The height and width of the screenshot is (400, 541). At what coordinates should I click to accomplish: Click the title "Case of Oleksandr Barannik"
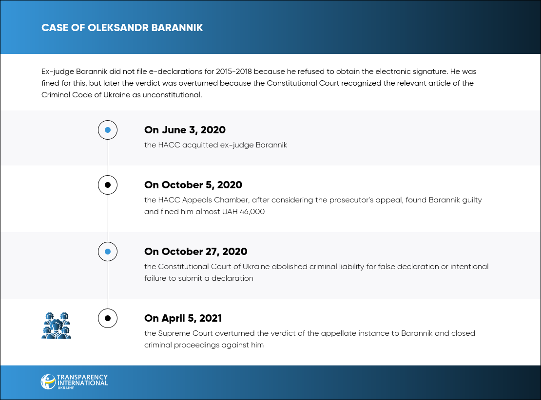coord(122,28)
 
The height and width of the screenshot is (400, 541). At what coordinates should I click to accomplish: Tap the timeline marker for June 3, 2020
coord(108,130)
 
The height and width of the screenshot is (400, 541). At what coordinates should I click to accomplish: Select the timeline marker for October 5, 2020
coord(108,185)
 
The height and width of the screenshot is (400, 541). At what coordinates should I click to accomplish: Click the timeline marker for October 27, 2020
coord(108,252)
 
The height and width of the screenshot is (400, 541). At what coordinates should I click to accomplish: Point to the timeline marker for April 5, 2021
coord(108,318)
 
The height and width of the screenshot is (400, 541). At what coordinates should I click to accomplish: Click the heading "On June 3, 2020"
coord(185,130)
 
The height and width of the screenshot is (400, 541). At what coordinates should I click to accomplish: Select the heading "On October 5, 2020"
coord(193,185)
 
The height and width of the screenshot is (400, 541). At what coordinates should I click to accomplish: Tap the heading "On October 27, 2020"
coord(195,252)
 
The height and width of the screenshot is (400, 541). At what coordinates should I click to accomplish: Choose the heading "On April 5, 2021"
coord(183,318)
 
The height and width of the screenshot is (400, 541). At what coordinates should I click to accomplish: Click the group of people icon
coord(56,325)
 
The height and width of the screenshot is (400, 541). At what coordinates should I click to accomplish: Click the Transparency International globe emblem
coord(48,382)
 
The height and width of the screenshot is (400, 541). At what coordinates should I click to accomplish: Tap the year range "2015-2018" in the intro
coord(234,72)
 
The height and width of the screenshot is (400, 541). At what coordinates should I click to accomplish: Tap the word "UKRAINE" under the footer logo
coord(66,388)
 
